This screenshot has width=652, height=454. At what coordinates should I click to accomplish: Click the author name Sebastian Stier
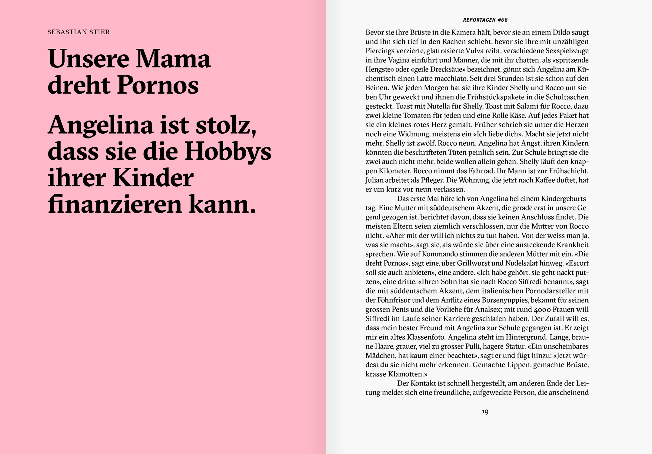pos(78,32)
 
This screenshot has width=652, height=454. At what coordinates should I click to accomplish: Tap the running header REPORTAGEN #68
pos(485,20)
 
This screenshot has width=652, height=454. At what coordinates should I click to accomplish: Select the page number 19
pos(485,412)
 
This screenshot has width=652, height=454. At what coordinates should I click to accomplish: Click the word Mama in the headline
pos(173,59)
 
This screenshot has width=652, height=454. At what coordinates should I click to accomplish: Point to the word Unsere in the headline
pos(88,59)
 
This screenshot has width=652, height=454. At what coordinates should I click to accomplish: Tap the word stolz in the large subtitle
pos(226,125)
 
